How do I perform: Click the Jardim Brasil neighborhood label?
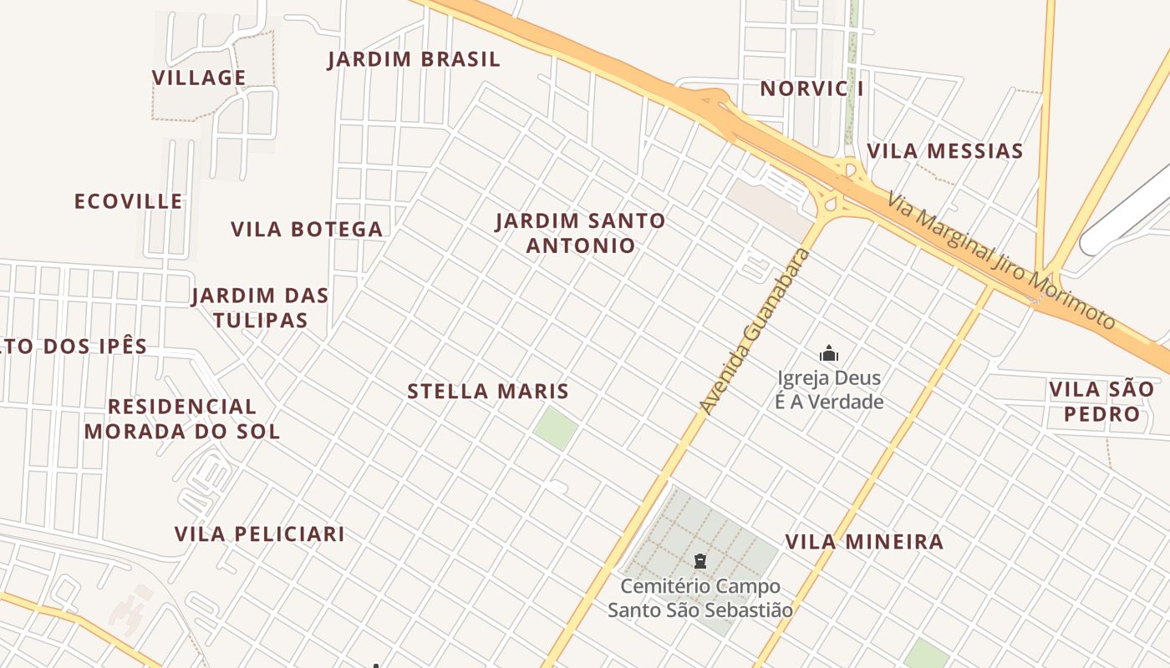414,59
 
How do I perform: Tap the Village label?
199,78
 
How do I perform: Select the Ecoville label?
129,201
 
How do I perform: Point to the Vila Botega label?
307,229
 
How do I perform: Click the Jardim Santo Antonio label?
581,233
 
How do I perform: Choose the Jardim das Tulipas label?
260,307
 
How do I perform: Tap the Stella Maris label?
488,391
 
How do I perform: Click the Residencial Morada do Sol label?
182,418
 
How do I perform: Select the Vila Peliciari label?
259,534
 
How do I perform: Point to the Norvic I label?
811,89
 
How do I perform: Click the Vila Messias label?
944,151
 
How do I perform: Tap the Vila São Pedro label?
1095,401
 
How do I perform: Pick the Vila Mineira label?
864,541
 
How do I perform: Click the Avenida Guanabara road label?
755,331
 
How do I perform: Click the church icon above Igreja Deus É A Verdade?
829,353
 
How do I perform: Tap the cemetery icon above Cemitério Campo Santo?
700,561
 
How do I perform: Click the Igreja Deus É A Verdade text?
830,390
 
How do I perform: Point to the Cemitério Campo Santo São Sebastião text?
700,598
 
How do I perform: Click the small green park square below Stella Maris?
556,428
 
